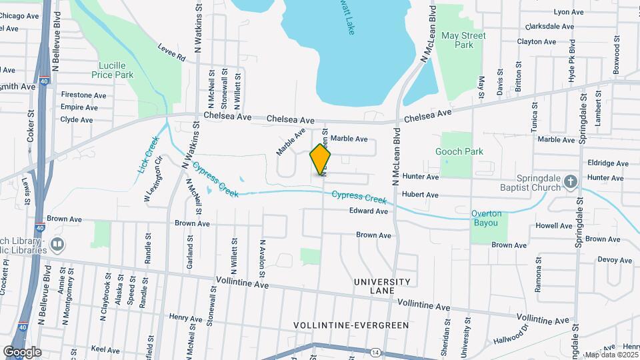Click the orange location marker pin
click(x=321, y=159)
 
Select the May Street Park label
click(x=464, y=40)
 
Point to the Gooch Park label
click(x=459, y=152)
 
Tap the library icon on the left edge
click(x=57, y=245)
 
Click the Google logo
click(x=22, y=351)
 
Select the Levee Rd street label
click(x=171, y=53)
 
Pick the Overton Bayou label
click(x=485, y=219)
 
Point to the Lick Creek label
click(x=148, y=155)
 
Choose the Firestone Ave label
click(x=83, y=95)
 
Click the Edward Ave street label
click(x=369, y=211)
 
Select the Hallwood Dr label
click(x=511, y=335)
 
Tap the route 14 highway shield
click(x=376, y=351)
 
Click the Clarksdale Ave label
click(x=549, y=27)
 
